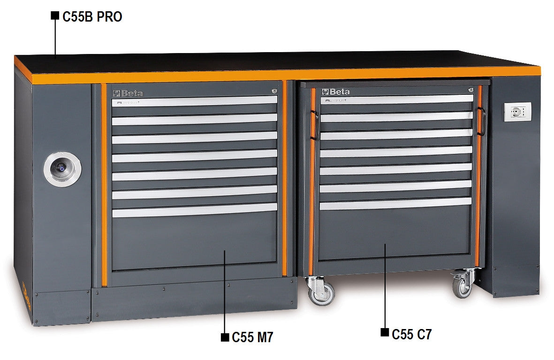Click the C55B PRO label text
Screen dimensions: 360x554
(x=92, y=17)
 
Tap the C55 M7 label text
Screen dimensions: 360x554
(x=252, y=337)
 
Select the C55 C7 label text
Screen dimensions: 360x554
(x=411, y=334)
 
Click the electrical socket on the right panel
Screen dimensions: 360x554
(x=517, y=112)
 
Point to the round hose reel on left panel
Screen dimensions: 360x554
(x=62, y=167)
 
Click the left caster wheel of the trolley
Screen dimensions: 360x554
(x=321, y=291)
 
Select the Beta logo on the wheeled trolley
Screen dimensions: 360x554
(x=337, y=92)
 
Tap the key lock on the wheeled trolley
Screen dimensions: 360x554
(x=470, y=89)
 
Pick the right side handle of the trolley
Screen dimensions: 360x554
(x=480, y=121)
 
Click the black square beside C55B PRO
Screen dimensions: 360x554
(x=55, y=15)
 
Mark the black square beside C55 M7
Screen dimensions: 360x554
(x=225, y=337)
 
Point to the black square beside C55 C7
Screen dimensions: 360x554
(x=384, y=333)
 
